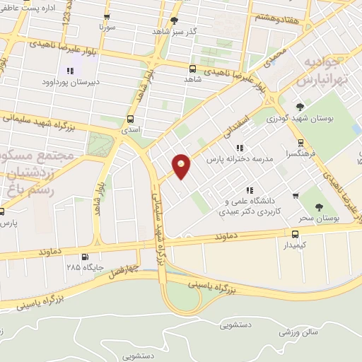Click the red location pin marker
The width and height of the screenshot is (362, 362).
tap(182, 165)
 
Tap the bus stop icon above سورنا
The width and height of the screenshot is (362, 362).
tap(107, 16)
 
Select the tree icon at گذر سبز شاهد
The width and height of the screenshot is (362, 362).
tap(175, 21)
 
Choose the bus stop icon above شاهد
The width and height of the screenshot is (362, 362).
tap(192, 69)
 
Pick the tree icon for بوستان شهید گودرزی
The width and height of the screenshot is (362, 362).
tap(300, 107)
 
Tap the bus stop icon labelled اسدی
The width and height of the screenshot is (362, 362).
tap(130, 119)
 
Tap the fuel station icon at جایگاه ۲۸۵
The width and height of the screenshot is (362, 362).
tap(86, 257)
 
